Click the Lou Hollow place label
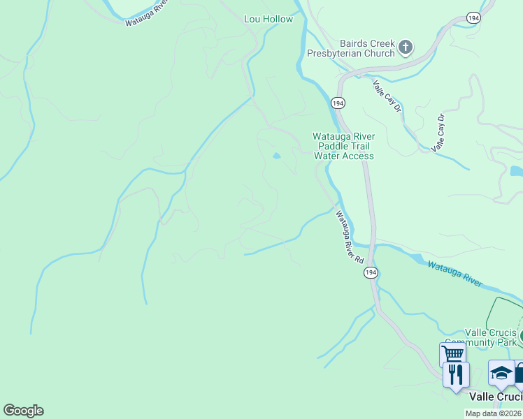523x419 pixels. click(268, 20)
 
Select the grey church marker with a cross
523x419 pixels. click(405, 47)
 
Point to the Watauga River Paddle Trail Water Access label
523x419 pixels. click(343, 146)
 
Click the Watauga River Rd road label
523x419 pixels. click(350, 237)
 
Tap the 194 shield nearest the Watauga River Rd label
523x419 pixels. click(371, 273)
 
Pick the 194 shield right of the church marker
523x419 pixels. click(473, 17)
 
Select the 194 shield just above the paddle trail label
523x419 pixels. click(338, 103)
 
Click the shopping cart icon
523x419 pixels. click(452, 353)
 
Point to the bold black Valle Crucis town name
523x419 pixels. click(495, 396)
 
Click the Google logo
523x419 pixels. click(23, 411)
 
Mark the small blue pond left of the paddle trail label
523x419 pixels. click(278, 156)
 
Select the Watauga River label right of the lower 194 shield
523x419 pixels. click(454, 273)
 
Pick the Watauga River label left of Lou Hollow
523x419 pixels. click(148, 13)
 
